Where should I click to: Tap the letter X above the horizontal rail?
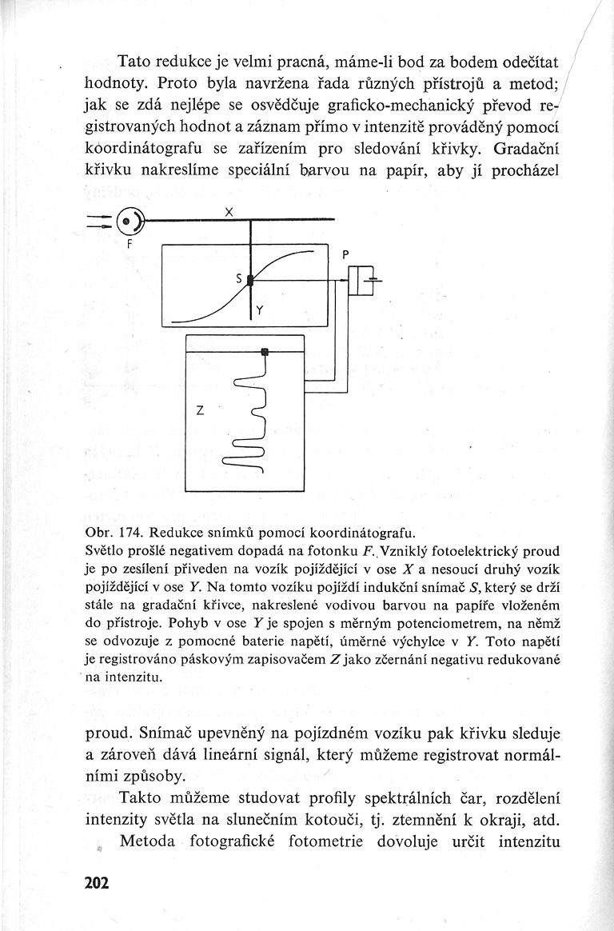229,212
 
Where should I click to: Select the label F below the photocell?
129,246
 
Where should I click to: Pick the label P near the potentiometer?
345,254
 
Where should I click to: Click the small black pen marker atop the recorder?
265,351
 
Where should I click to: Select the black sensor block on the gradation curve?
250,280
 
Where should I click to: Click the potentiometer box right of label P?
365,280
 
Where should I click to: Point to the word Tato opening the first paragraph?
137,61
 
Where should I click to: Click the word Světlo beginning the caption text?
105,551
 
